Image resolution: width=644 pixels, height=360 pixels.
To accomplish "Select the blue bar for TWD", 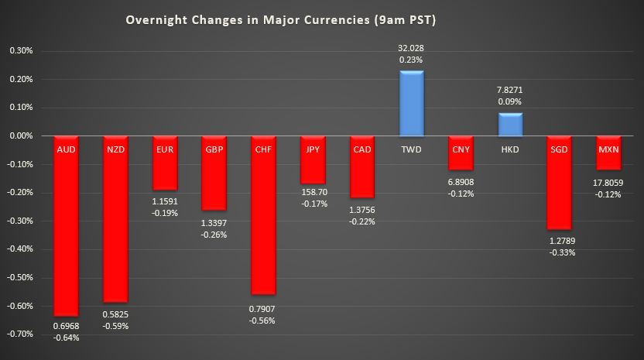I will pos(411,104).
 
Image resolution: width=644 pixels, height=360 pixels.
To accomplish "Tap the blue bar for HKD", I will pos(510,125).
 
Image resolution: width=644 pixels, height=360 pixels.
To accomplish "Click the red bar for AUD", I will pos(66,232).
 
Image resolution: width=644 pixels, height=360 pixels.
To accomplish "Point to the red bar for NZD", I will pos(115,225).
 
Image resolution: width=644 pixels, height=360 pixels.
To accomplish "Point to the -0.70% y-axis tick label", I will pos(19,334).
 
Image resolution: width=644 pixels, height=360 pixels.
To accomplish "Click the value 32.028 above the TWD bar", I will pos(411,48).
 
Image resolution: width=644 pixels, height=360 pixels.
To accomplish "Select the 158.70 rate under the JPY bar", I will pos(313,191).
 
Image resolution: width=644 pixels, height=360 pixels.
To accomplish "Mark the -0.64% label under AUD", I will pos(66,337).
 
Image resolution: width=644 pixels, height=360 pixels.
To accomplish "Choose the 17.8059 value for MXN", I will pos(608,183).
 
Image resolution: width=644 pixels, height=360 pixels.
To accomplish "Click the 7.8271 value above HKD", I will pos(510,90).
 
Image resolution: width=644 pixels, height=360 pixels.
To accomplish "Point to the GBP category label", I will pos(214,149).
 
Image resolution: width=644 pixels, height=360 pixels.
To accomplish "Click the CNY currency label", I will pos(461,149).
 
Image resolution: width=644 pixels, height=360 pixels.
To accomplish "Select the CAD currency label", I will pos(361,149).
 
